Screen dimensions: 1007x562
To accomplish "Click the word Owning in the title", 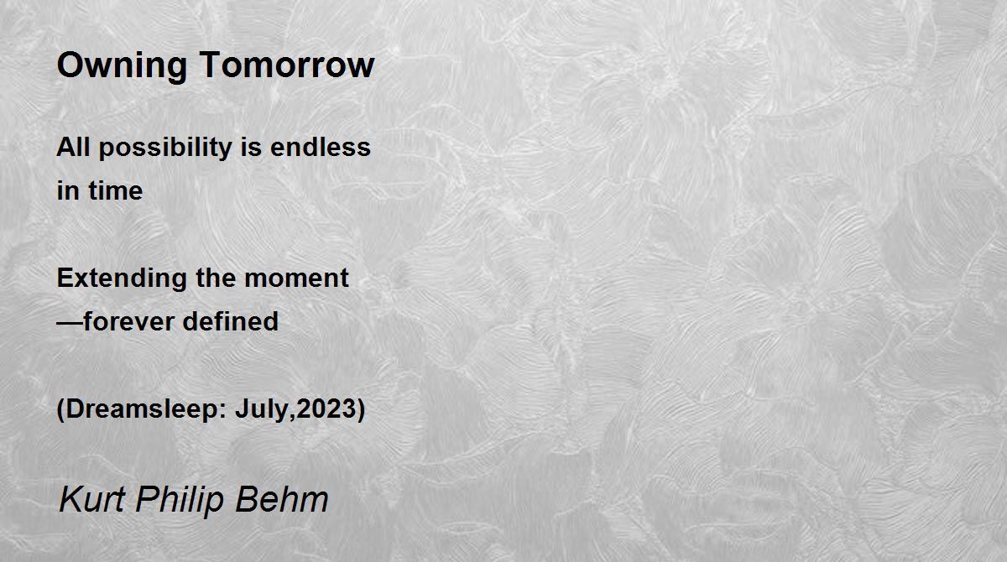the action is pyautogui.click(x=122, y=66).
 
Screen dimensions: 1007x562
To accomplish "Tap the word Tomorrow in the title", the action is pyautogui.click(x=287, y=65).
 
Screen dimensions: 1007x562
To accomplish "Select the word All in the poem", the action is pyautogui.click(x=72, y=147).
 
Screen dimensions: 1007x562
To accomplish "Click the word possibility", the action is pyautogui.click(x=165, y=148).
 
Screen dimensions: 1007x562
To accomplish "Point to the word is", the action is pyautogui.click(x=251, y=147).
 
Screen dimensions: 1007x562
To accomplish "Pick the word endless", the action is pyautogui.click(x=321, y=147).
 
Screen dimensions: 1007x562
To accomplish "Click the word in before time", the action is pyautogui.click(x=68, y=190).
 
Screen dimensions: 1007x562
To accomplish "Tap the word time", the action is pyautogui.click(x=116, y=190).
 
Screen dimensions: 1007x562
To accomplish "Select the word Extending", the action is pyautogui.click(x=122, y=278).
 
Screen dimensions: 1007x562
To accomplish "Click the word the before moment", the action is pyautogui.click(x=216, y=278).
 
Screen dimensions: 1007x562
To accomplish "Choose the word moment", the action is pyautogui.click(x=297, y=278).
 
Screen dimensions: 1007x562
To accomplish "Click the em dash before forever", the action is pyautogui.click(x=70, y=321).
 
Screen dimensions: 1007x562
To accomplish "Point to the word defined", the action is pyautogui.click(x=231, y=321).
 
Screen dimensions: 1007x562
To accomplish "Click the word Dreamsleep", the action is pyautogui.click(x=143, y=409).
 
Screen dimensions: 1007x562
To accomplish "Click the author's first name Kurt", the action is pyautogui.click(x=91, y=499).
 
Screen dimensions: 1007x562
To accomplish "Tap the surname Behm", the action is pyautogui.click(x=282, y=499).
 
